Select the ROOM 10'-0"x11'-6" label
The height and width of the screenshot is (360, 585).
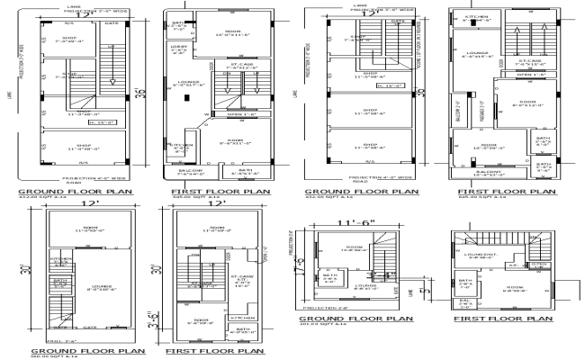(x=214, y=35)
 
